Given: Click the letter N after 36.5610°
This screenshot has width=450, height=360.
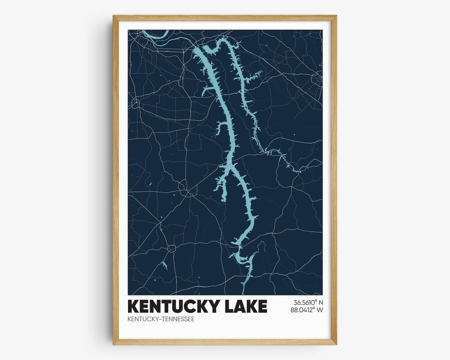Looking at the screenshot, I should pyautogui.click(x=320, y=302).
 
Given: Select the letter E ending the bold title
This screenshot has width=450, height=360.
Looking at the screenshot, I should pyautogui.click(x=262, y=306).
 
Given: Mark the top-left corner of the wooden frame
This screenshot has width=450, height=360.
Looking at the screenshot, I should pyautogui.click(x=113, y=16).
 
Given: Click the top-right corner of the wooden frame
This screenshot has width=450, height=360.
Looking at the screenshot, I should pyautogui.click(x=336, y=16).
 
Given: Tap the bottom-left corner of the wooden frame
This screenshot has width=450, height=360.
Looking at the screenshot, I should pyautogui.click(x=113, y=344).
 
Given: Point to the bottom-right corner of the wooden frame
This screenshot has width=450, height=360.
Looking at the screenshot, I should pyautogui.click(x=336, y=344).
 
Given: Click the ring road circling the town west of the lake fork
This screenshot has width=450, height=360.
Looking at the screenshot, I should pyautogui.click(x=184, y=188).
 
